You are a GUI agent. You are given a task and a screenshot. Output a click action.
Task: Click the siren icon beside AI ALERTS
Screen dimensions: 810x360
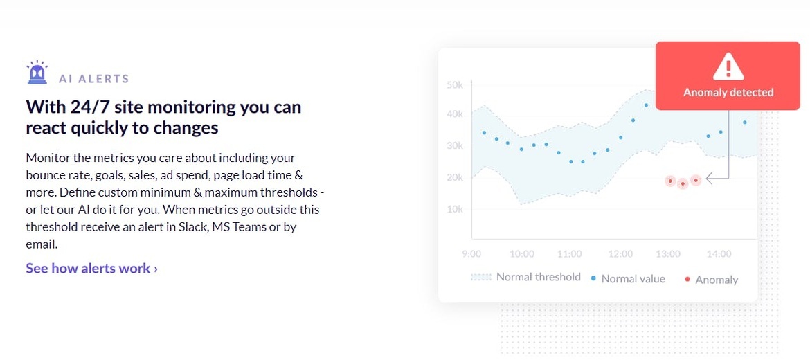point(37,72)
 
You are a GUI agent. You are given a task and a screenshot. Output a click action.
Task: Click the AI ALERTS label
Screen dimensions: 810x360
point(93,79)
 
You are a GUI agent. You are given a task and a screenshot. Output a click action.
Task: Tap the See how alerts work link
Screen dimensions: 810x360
point(92,269)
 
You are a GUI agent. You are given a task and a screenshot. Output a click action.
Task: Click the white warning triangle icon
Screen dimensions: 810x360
point(728,66)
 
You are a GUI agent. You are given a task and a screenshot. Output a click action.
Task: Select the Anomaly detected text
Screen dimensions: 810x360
point(728,93)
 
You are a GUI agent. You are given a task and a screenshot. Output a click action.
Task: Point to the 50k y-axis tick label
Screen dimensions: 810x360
point(455,84)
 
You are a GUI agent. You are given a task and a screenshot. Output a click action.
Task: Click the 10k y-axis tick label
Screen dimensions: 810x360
point(455,209)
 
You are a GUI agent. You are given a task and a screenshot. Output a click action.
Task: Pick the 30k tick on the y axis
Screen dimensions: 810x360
point(455,145)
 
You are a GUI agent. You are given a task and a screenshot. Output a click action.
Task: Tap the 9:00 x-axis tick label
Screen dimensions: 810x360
point(471,254)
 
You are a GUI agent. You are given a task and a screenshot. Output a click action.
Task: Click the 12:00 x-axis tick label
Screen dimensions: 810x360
point(620,254)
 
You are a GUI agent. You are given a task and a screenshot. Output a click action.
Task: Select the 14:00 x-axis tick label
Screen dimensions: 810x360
point(719,254)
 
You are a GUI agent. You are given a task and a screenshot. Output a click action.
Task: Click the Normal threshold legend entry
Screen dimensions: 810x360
point(525,277)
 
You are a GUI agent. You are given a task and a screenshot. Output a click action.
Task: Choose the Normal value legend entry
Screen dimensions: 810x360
point(628,279)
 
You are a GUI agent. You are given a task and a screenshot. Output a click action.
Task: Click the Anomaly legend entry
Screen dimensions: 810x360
point(711,280)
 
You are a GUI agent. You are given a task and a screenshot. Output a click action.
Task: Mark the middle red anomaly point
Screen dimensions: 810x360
point(683,183)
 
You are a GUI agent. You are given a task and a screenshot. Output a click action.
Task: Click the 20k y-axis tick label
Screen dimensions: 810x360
point(455,177)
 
